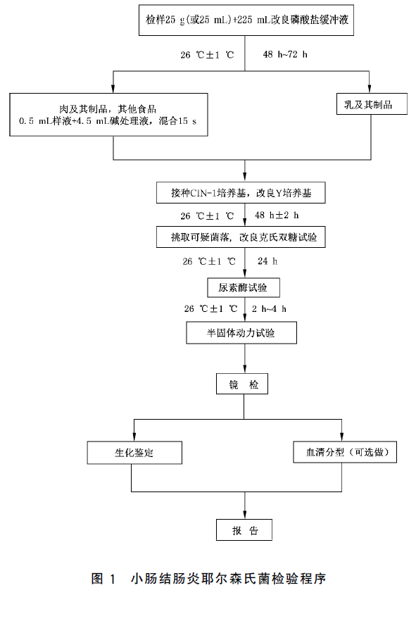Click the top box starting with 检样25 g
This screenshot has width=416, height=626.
(x=246, y=20)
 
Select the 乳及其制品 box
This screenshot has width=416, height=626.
(x=372, y=104)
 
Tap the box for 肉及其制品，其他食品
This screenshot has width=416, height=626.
(x=108, y=115)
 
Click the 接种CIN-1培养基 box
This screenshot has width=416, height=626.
(x=241, y=193)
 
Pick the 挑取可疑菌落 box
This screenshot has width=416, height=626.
(x=241, y=237)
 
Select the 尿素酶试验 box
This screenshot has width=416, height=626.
(x=244, y=287)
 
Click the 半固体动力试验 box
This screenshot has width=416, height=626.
(x=241, y=333)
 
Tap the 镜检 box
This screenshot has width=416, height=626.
(x=242, y=384)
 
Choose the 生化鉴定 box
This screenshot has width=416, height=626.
(x=134, y=453)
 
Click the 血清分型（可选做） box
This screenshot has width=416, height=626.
(x=345, y=452)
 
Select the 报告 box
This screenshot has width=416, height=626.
(x=244, y=530)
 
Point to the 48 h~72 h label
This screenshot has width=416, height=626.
(x=285, y=54)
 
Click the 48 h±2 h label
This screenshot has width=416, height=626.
(x=277, y=215)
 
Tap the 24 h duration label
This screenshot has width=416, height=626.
(x=267, y=261)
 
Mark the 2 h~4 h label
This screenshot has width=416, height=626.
(x=269, y=308)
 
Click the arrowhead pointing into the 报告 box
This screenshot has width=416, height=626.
(x=245, y=515)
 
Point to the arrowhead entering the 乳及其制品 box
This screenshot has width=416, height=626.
(x=370, y=89)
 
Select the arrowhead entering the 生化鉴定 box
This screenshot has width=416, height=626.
(x=134, y=437)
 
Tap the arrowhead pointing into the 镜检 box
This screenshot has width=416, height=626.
(x=245, y=369)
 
